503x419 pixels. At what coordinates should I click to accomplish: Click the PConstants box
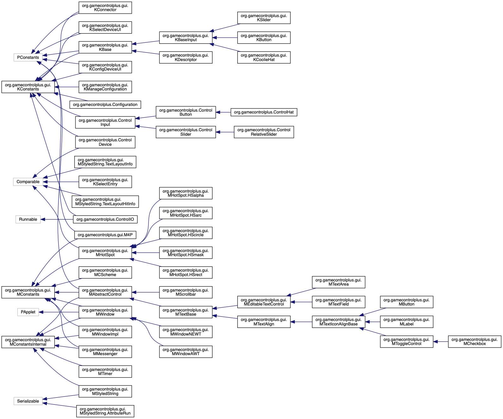coord(28,58)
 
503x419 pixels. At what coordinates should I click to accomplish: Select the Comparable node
coord(28,182)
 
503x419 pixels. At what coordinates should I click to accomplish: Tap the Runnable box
coord(28,219)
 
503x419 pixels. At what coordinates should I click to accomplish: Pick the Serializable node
coord(28,401)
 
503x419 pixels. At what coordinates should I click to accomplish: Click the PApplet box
coord(28,312)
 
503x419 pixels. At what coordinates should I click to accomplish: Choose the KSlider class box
coord(264,18)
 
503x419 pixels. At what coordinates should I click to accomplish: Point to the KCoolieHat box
coord(264,58)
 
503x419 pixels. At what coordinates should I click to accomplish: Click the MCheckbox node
coord(475,342)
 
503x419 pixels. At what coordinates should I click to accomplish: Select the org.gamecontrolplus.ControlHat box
coord(264,112)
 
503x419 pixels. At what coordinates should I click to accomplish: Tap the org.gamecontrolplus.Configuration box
coord(105,105)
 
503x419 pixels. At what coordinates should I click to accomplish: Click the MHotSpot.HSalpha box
coord(186,193)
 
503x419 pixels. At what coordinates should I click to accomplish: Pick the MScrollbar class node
coord(186,292)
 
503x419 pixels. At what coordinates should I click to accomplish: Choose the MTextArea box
coord(338,282)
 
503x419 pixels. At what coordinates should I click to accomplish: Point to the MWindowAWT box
coord(186,352)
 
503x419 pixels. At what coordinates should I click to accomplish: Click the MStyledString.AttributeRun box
coord(105,411)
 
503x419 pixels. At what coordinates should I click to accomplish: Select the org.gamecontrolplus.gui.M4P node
coord(105,235)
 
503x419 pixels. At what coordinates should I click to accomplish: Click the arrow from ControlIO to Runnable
coord(57,219)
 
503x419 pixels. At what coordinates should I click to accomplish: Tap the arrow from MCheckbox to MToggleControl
coord(440,342)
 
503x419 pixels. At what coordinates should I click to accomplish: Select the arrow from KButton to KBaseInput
coord(225,38)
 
